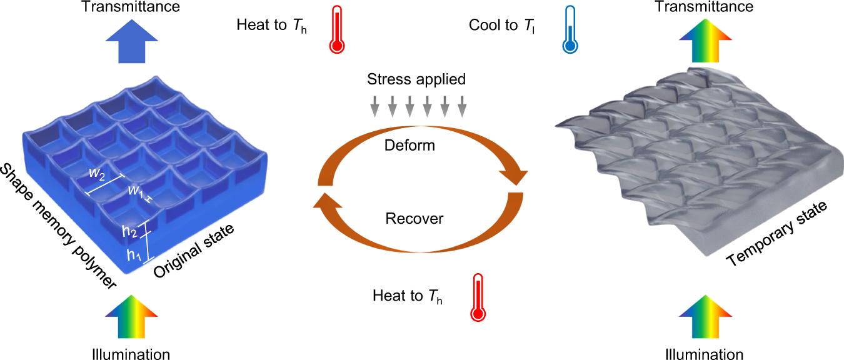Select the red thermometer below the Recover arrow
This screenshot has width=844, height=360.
tap(478, 297)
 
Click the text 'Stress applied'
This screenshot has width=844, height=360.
tap(417, 79)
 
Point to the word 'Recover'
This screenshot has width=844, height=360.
tap(414, 219)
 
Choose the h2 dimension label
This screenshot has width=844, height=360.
tap(131, 232)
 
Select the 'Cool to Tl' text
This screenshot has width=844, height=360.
tap(502, 26)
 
